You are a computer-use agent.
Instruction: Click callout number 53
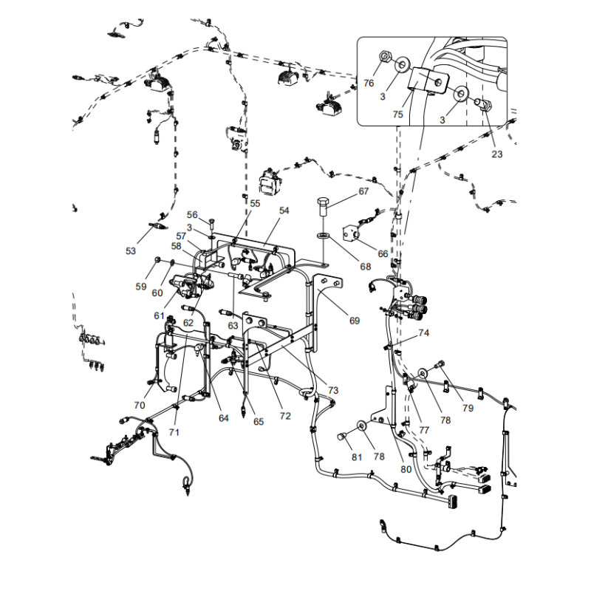pyautogui.click(x=131, y=251)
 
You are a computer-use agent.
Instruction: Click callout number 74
pyautogui.click(x=423, y=333)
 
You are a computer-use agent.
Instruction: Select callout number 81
pyautogui.click(x=357, y=457)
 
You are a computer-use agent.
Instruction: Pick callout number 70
pyautogui.click(x=140, y=405)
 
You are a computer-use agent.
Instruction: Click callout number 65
pyautogui.click(x=258, y=422)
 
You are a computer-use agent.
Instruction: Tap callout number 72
pyautogui.click(x=285, y=416)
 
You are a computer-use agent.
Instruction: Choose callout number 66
pyautogui.click(x=383, y=253)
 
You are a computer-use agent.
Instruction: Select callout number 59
pyautogui.click(x=140, y=285)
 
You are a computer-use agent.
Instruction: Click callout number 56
pyautogui.click(x=191, y=214)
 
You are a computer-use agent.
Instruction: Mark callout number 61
pyautogui.click(x=159, y=315)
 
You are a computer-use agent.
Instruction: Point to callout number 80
pyautogui.click(x=405, y=468)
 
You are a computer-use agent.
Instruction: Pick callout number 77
pyautogui.click(x=423, y=429)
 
